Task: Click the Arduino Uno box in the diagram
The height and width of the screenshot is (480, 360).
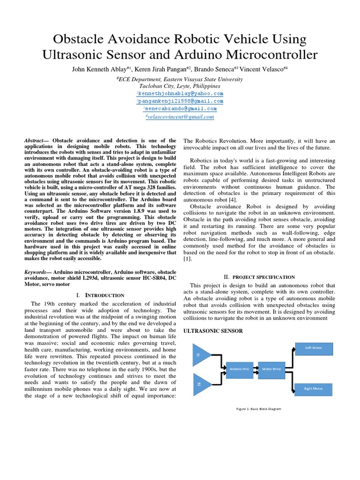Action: point(240,369)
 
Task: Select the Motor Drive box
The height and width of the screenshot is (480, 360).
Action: point(271,369)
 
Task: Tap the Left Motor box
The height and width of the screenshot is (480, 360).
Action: point(314,348)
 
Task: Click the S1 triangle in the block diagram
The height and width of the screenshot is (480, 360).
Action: point(201,355)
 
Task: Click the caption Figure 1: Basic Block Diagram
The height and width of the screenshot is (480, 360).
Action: point(258,409)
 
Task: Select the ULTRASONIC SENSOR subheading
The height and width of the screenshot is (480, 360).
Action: point(213,331)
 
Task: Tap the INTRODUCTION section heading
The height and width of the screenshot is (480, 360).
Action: point(100,295)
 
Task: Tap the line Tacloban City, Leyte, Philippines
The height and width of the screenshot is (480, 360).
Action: point(180,86)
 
